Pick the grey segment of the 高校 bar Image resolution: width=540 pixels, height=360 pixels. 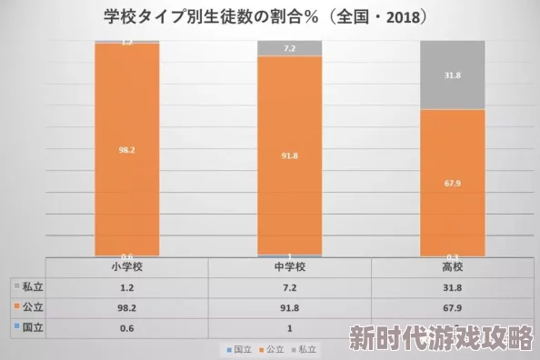pyautogui.click(x=452, y=75)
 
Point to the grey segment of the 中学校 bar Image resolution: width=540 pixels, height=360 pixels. pyautogui.click(x=289, y=48)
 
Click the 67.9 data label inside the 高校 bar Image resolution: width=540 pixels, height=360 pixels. pyautogui.click(x=452, y=182)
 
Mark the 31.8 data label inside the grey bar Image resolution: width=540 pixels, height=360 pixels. pyautogui.click(x=452, y=75)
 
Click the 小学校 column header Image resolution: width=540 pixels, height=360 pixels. pyautogui.click(x=127, y=267)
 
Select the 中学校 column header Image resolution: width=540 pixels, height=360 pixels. pyautogui.click(x=289, y=267)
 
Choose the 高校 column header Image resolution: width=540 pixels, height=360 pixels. pyautogui.click(x=452, y=267)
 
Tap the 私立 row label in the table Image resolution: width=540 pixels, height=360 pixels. pyautogui.click(x=32, y=287)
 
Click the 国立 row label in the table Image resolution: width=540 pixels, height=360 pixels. pyautogui.click(x=32, y=327)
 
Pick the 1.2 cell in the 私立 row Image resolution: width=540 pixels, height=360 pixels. pyautogui.click(x=127, y=287)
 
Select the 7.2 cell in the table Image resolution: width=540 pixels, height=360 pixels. pyautogui.click(x=289, y=287)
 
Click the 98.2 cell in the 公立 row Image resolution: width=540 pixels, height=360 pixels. pyautogui.click(x=127, y=307)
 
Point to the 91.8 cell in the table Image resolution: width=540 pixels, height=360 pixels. pyautogui.click(x=289, y=307)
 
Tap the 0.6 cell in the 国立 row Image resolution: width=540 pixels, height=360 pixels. pyautogui.click(x=127, y=327)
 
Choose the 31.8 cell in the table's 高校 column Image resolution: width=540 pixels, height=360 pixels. pyautogui.click(x=452, y=287)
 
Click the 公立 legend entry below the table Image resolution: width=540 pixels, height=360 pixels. pyautogui.click(x=273, y=349)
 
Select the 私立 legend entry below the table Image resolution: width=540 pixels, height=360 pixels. pyautogui.click(x=305, y=349)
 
